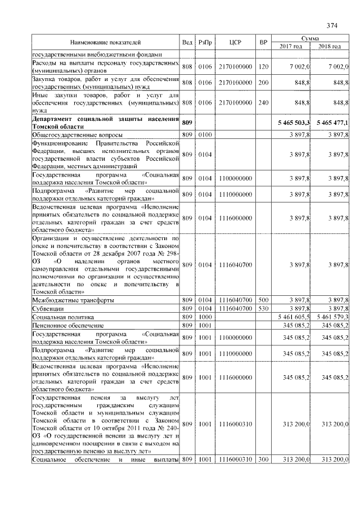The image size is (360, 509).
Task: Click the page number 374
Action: pyautogui.click(x=331, y=25)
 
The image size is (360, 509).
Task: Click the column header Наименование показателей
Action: pyautogui.click(x=105, y=42)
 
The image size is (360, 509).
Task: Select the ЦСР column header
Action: pyautogui.click(x=236, y=42)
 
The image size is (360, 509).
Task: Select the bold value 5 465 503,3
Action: pyautogui.click(x=293, y=122)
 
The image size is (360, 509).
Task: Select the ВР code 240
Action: pyautogui.click(x=263, y=102)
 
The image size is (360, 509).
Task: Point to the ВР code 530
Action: pyautogui.click(x=263, y=309)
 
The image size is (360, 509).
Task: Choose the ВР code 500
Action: pyautogui.click(x=263, y=300)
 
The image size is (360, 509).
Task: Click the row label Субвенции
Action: pyautogui.click(x=47, y=309)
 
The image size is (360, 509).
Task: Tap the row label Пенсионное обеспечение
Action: pyautogui.click(x=60, y=326)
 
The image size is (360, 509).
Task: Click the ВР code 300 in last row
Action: pyautogui.click(x=263, y=460)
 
